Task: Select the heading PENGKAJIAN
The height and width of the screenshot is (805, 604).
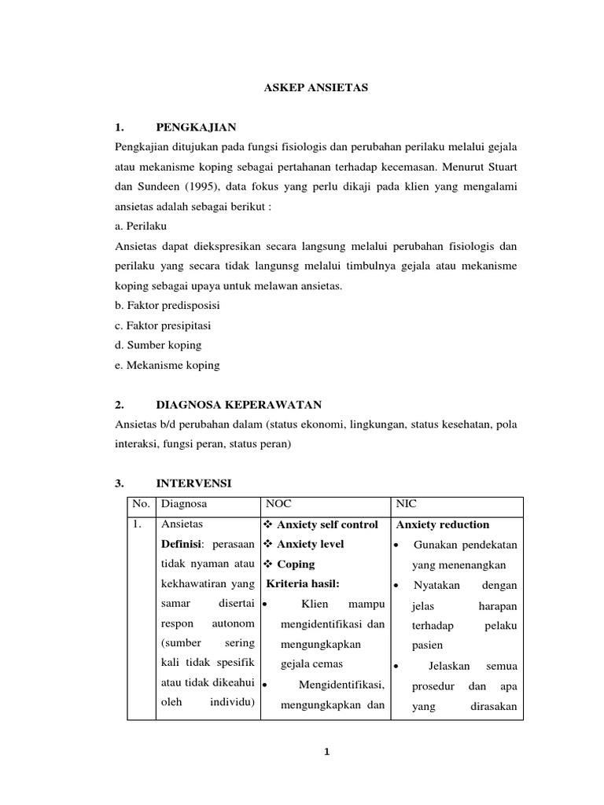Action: [x=196, y=127]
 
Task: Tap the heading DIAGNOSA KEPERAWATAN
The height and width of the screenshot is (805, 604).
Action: [x=239, y=405]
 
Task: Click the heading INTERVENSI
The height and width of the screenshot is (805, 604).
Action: [x=193, y=482]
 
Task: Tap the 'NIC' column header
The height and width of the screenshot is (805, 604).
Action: [x=407, y=505]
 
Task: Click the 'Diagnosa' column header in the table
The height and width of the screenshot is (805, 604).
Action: [x=184, y=505]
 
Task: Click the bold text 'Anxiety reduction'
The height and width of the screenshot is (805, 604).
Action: [x=444, y=524]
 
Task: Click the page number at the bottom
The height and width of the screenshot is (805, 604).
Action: [x=326, y=752]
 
